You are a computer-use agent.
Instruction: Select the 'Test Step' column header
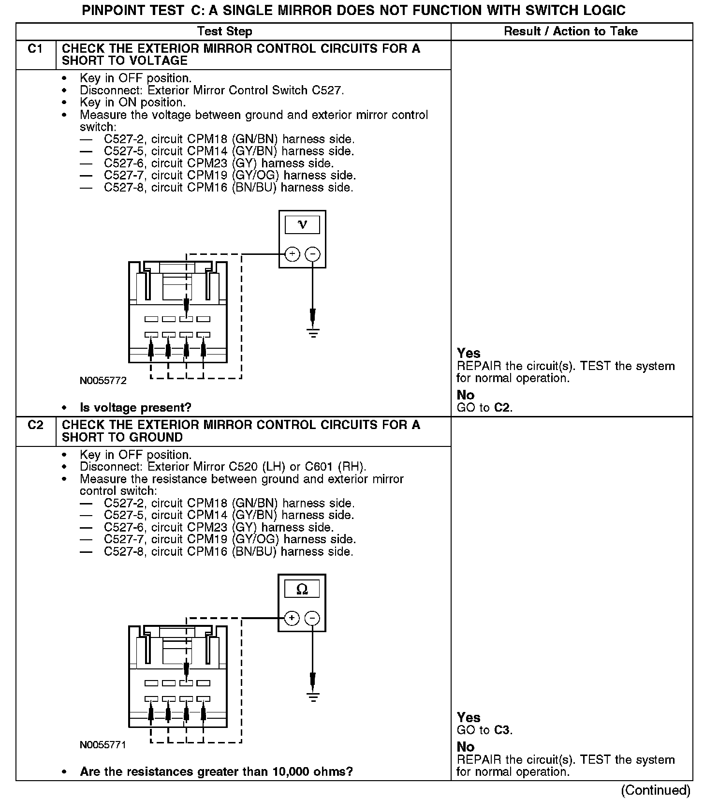(224, 32)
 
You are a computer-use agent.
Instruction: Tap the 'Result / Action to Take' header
(571, 32)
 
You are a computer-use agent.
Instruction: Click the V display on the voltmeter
(302, 225)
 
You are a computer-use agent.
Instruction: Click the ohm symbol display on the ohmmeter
(302, 589)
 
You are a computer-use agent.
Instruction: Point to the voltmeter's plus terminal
(292, 254)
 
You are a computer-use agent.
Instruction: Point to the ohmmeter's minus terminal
(313, 618)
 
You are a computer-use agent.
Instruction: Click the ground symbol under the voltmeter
(313, 332)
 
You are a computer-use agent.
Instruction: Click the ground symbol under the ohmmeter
(313, 697)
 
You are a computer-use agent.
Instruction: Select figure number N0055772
(103, 381)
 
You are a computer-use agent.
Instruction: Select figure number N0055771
(103, 745)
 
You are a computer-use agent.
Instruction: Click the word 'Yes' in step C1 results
(469, 353)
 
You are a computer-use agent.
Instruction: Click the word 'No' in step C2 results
(466, 747)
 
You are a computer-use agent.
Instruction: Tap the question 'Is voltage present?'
(135, 408)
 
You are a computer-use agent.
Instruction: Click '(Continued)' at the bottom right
(656, 790)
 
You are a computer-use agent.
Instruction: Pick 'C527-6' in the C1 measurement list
(124, 163)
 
